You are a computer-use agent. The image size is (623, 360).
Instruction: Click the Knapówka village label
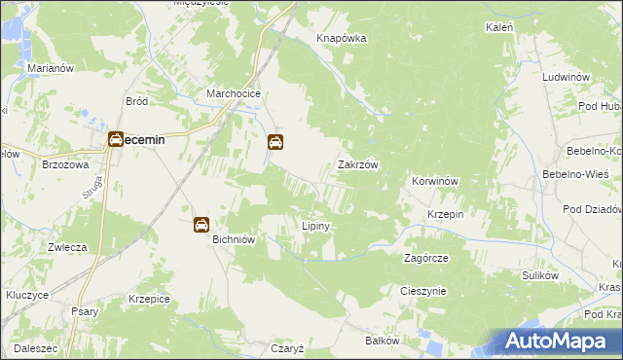(341, 38)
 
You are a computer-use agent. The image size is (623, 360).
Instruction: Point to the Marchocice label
(231, 93)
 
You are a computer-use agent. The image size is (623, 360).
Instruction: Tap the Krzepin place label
(445, 214)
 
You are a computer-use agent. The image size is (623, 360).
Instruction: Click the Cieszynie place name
(422, 291)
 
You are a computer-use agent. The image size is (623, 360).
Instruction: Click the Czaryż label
(289, 347)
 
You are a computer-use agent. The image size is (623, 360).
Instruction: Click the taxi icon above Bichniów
(201, 225)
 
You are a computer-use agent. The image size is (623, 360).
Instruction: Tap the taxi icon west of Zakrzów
(275, 143)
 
